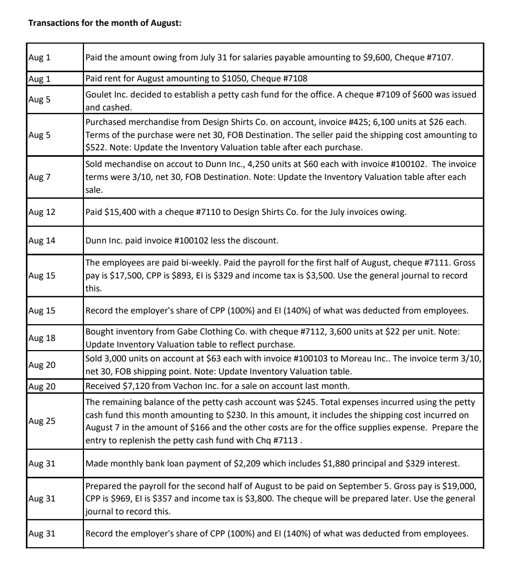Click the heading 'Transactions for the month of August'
pyautogui.click(x=104, y=23)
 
